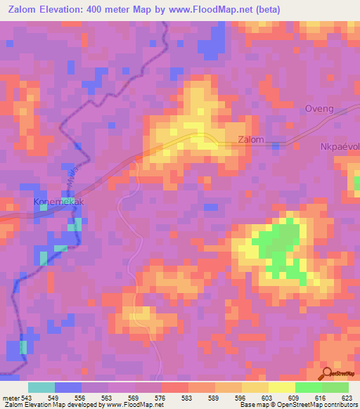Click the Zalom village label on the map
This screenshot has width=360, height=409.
251,140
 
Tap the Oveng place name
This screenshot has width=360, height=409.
318,109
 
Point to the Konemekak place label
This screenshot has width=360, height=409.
58,202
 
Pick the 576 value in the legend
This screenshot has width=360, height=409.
161,398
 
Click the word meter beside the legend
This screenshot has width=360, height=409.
11,398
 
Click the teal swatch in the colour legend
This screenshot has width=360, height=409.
41,387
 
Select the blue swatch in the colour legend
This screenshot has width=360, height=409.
68,387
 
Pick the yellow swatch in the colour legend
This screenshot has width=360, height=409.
282,387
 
